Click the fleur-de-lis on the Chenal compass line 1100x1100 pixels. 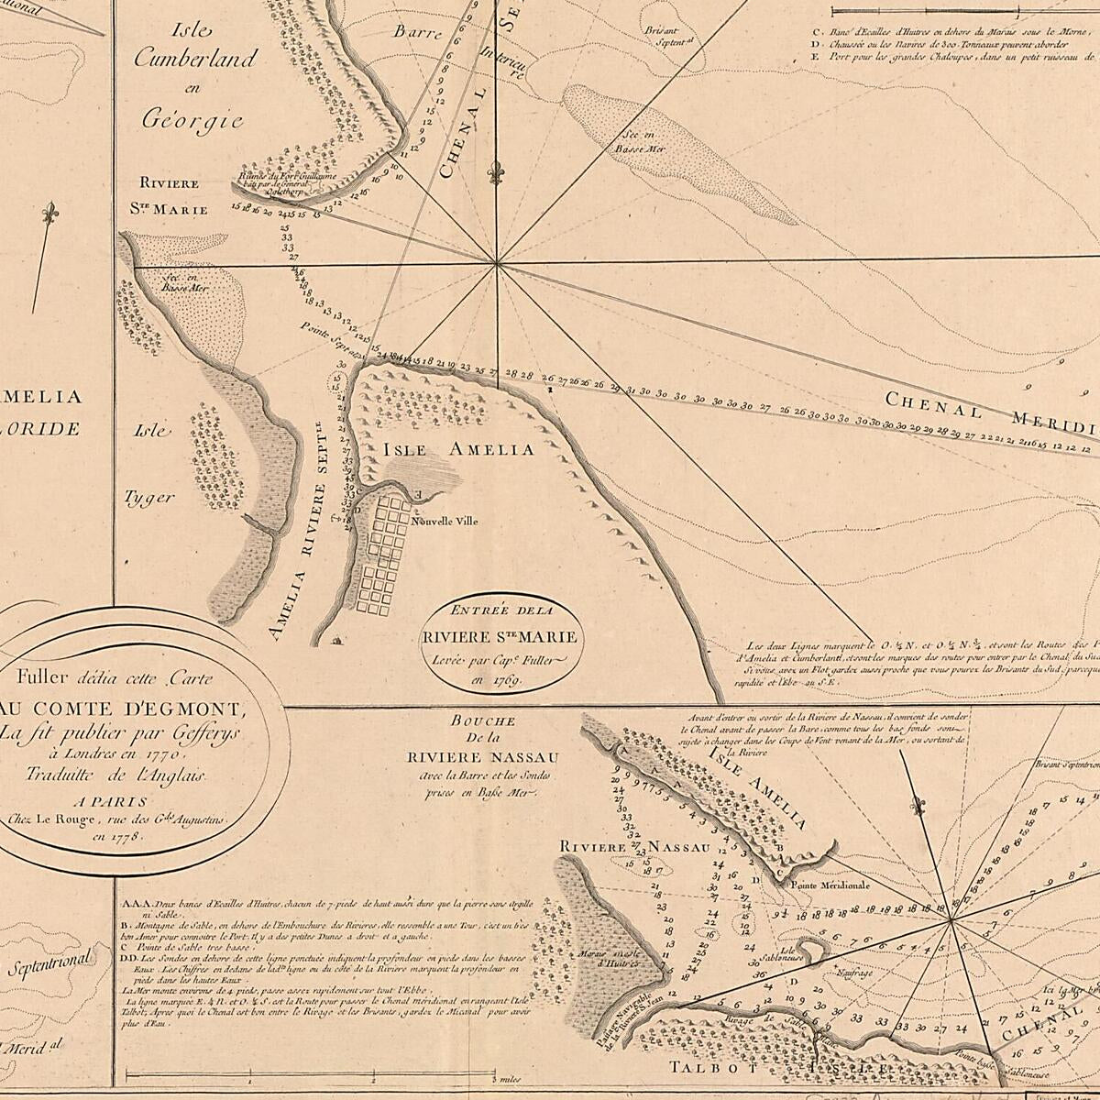click(x=496, y=172)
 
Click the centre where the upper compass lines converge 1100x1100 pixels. click(x=496, y=265)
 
